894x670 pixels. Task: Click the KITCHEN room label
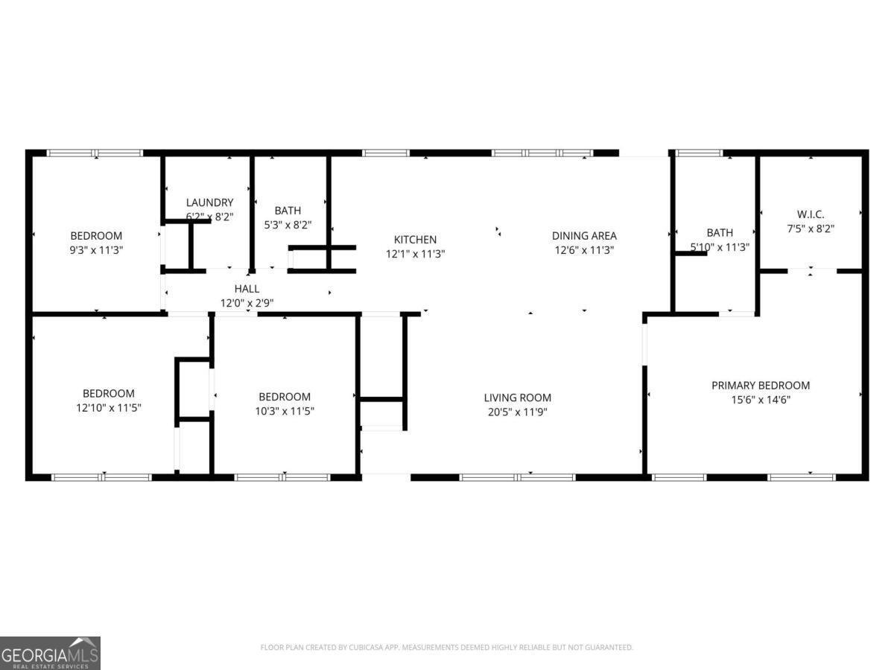click(x=415, y=240)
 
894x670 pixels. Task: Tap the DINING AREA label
click(x=584, y=236)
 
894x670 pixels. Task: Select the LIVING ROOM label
click(x=517, y=398)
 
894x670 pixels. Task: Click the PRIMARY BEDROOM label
click(x=760, y=385)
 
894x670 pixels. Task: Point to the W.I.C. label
click(x=810, y=214)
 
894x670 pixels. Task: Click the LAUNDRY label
click(x=209, y=202)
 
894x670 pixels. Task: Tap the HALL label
click(x=247, y=289)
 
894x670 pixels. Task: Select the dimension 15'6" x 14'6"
click(x=760, y=399)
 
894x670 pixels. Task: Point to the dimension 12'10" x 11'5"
click(x=109, y=408)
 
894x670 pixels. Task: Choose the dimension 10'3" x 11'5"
click(x=285, y=411)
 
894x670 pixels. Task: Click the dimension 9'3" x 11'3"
click(x=96, y=250)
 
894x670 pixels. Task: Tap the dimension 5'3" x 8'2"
click(x=288, y=224)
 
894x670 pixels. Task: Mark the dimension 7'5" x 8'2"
click(x=810, y=229)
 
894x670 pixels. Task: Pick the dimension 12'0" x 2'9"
click(x=247, y=303)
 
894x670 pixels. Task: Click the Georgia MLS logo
click(x=50, y=653)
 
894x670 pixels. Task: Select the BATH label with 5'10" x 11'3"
click(x=719, y=233)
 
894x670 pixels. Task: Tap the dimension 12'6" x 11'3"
click(x=584, y=250)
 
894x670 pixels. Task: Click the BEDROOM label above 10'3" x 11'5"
click(x=285, y=397)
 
